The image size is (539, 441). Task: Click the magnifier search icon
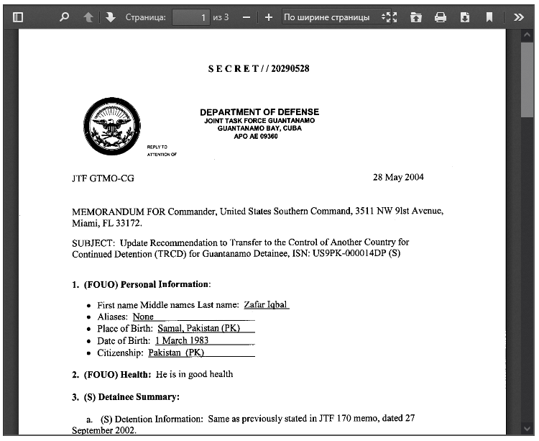(64, 17)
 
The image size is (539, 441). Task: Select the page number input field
(191, 17)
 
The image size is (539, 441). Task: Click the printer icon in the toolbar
(441, 17)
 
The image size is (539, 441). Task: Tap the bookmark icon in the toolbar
(489, 17)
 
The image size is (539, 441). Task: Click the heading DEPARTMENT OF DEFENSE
(259, 112)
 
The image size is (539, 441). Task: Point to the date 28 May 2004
(398, 177)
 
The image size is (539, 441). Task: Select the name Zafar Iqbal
(266, 305)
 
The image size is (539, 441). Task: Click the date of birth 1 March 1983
(181, 340)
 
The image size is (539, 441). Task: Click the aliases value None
(143, 317)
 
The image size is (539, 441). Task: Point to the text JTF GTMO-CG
(103, 178)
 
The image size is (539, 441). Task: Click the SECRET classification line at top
(259, 68)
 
